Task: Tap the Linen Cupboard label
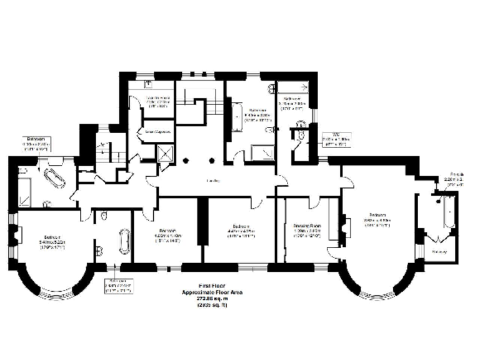pos(159,132)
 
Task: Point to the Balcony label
pos(439,252)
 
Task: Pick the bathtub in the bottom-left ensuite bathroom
pos(122,242)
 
